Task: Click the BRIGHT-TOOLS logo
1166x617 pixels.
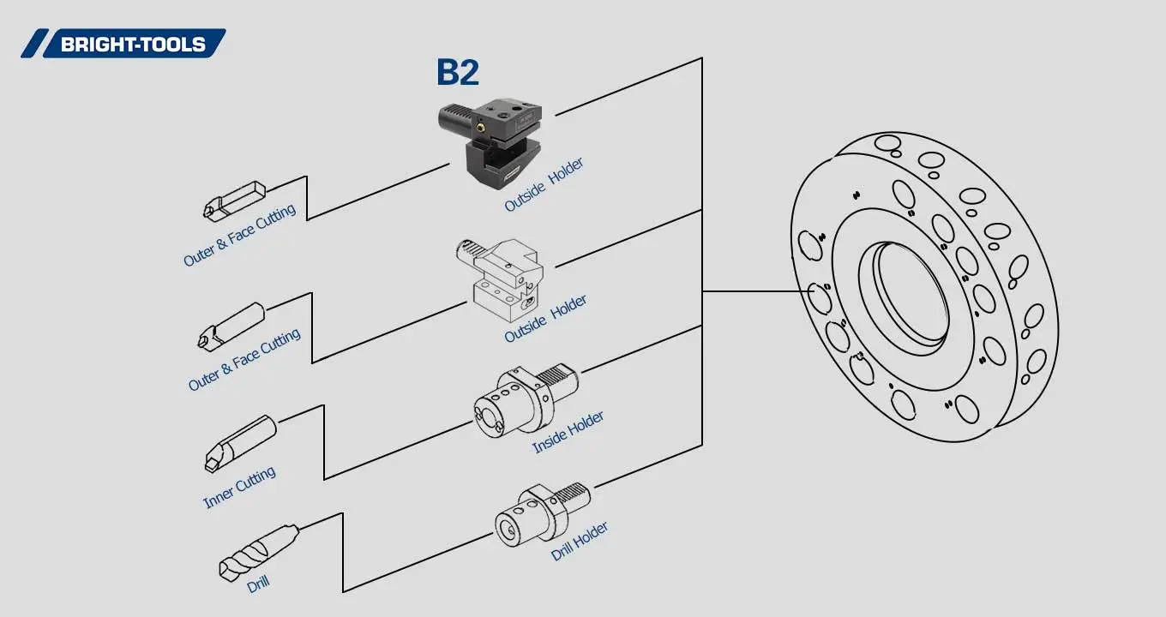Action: pyautogui.click(x=124, y=44)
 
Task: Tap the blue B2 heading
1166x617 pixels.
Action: pyautogui.click(x=457, y=72)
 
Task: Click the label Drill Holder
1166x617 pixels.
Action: pyautogui.click(x=580, y=542)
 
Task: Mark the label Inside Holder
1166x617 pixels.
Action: pyautogui.click(x=568, y=432)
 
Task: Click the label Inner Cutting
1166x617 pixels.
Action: pyautogui.click(x=239, y=487)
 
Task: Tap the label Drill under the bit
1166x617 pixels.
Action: pyautogui.click(x=258, y=584)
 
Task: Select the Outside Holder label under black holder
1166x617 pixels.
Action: pyautogui.click(x=544, y=185)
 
